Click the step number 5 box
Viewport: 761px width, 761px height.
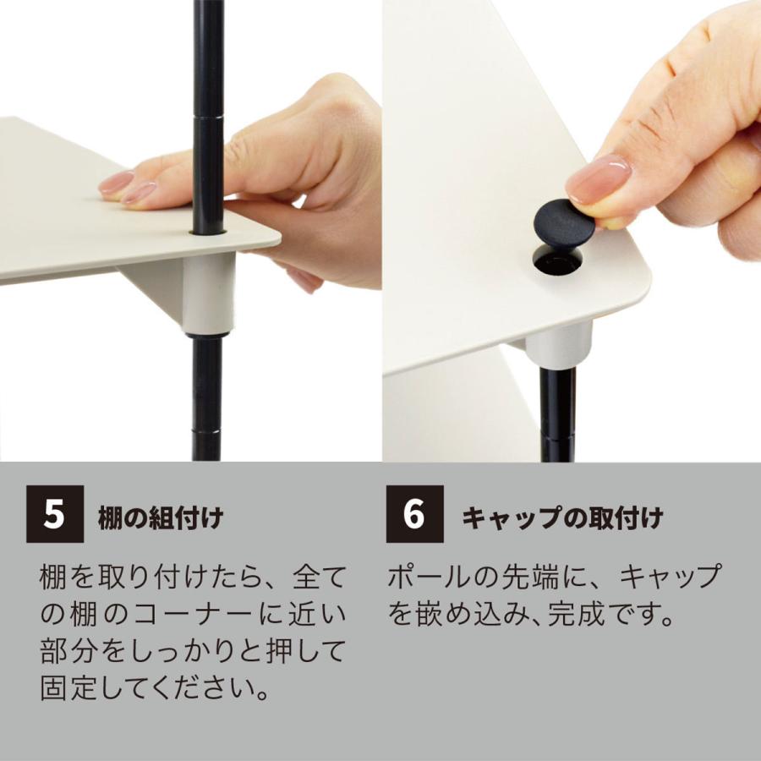point(55,514)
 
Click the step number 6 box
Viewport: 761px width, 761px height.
point(414,514)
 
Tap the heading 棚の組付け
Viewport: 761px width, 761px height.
point(161,517)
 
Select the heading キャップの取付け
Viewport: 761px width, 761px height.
point(561,517)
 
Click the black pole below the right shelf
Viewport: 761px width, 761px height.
point(558,414)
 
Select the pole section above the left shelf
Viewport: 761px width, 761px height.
point(207,118)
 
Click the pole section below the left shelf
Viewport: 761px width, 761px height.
point(207,397)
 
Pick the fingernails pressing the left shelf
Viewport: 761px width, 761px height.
point(127,188)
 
